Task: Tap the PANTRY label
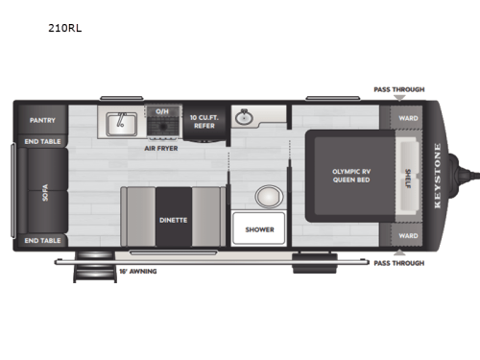[42, 120]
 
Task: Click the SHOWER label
[259, 229]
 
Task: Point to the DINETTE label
[174, 220]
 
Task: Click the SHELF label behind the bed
[407, 178]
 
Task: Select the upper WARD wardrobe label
[408, 120]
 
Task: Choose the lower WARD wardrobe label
[408, 235]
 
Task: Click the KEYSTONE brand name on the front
[440, 178]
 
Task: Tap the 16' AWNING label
[140, 271]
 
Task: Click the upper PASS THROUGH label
[397, 89]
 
